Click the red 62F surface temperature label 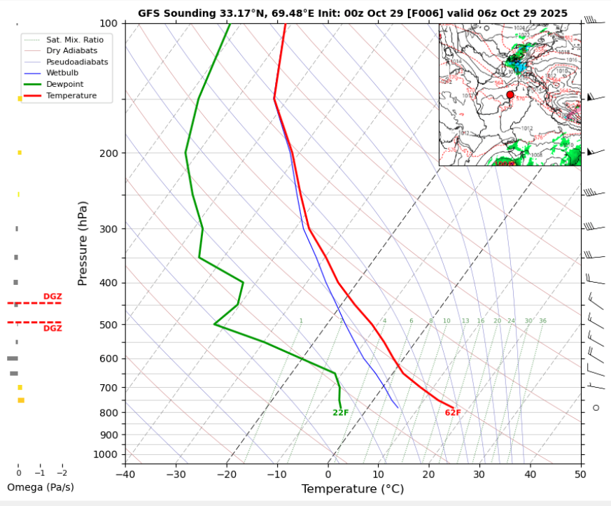pos(453,413)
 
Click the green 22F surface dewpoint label pos(341,413)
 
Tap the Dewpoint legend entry pos(62,84)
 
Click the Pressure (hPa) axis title pos(83,244)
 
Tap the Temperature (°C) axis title pos(353,489)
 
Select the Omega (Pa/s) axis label pos(40,487)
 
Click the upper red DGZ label pos(52,297)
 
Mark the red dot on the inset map pos(510,94)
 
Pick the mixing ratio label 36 pos(542,321)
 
